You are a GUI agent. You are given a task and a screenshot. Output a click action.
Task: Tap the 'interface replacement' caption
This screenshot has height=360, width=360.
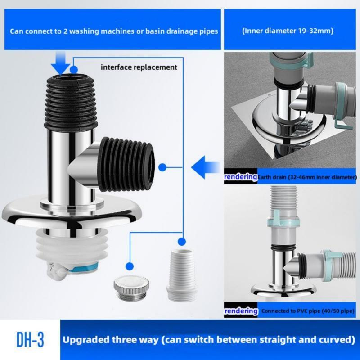pos(139,67)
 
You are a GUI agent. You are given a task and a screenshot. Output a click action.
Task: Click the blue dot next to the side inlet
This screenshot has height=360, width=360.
pos(163,168)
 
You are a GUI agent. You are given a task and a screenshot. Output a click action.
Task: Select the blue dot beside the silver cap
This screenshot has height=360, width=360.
pos(130,266)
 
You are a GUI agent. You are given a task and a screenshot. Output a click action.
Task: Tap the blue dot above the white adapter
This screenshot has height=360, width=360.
pos(182,240)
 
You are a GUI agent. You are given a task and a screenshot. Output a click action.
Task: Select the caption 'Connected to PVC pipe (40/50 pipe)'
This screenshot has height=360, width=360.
pos(308,311)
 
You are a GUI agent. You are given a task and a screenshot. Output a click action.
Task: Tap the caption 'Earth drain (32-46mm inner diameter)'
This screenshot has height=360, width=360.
pos(306,177)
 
